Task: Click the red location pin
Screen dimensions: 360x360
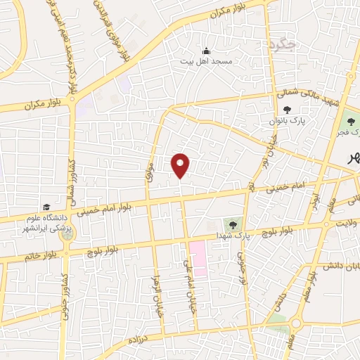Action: click(x=181, y=164)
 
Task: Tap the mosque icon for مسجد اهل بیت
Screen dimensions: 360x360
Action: click(x=206, y=51)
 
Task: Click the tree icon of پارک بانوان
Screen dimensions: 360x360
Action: click(x=287, y=110)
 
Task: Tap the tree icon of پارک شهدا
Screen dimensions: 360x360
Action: click(x=229, y=224)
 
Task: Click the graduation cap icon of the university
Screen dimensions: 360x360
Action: click(x=46, y=207)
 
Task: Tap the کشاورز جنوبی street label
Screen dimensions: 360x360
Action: click(x=64, y=295)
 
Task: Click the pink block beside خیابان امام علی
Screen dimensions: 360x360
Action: click(x=198, y=258)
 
